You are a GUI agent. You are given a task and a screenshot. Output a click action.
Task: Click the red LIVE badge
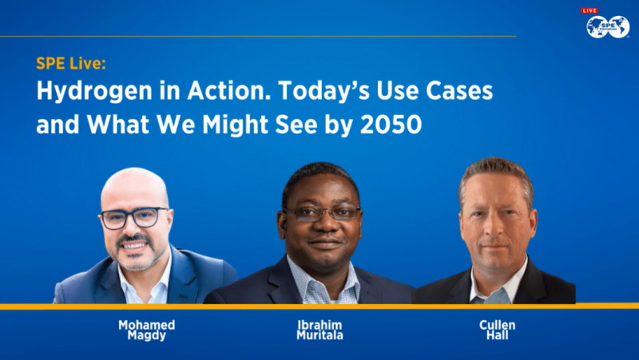pyautogui.click(x=589, y=10)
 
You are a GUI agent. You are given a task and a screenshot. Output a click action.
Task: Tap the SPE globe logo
pyautogui.click(x=608, y=26)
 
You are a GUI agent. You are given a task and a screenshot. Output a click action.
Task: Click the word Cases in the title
pyautogui.click(x=462, y=92)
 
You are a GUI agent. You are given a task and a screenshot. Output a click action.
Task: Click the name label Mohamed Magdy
pyautogui.click(x=146, y=330)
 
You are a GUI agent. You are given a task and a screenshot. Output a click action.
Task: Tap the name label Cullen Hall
pyautogui.click(x=497, y=330)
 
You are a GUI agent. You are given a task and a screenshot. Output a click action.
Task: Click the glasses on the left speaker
pyautogui.click(x=134, y=217)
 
